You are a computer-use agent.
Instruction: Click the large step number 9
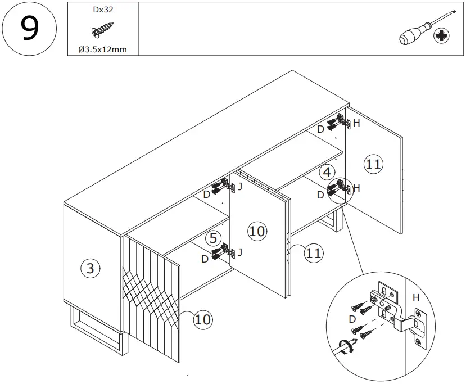(x=29, y=29)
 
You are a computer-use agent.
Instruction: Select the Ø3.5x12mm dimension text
(x=102, y=49)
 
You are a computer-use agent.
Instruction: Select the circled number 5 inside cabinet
(x=213, y=238)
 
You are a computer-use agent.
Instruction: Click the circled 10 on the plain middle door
(x=256, y=231)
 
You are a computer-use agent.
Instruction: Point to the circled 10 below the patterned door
(x=202, y=320)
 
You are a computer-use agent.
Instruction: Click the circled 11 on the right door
(x=373, y=164)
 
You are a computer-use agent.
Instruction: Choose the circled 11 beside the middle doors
(x=314, y=254)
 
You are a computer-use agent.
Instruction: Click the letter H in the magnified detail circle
(x=417, y=297)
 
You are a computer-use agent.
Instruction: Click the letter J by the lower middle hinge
(x=240, y=252)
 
